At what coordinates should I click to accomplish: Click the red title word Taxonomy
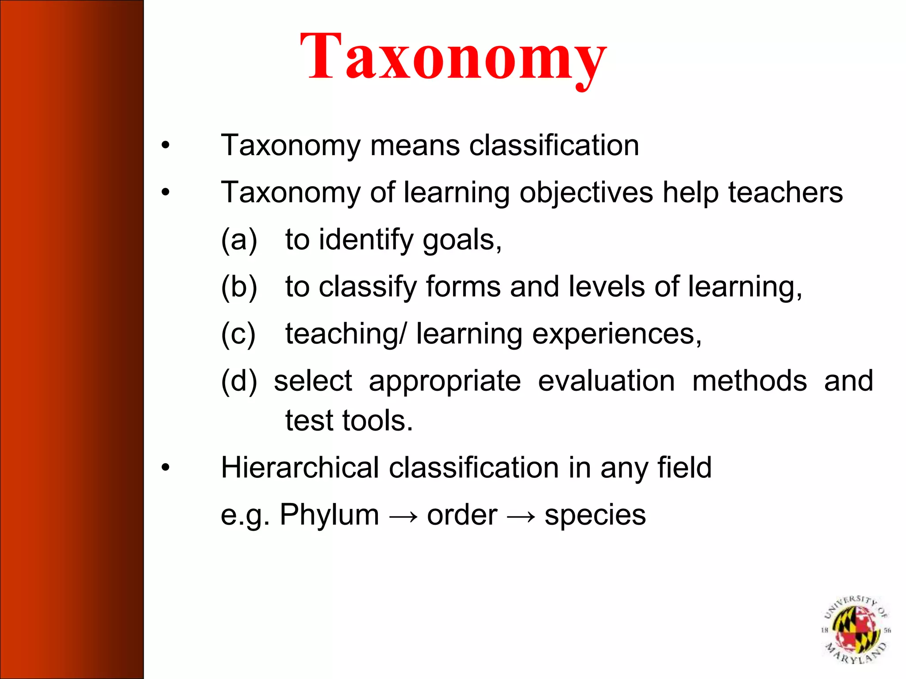pyautogui.click(x=453, y=57)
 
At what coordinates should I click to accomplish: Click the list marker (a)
pyautogui.click(x=239, y=240)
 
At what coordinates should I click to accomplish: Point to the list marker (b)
pyautogui.click(x=239, y=287)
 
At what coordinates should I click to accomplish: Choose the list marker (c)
pyautogui.click(x=238, y=334)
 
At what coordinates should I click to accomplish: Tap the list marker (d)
pyautogui.click(x=239, y=381)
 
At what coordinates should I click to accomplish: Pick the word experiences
pyautogui.click(x=617, y=334)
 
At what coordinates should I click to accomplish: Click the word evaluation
pyautogui.click(x=607, y=381)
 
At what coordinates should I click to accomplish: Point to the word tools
pyautogui.click(x=377, y=420)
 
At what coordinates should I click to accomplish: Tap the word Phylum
pyautogui.click(x=329, y=515)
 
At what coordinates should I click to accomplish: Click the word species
pyautogui.click(x=595, y=515)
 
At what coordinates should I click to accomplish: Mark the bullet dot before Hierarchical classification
pyautogui.click(x=165, y=468)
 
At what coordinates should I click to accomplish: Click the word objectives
pyautogui.click(x=586, y=193)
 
